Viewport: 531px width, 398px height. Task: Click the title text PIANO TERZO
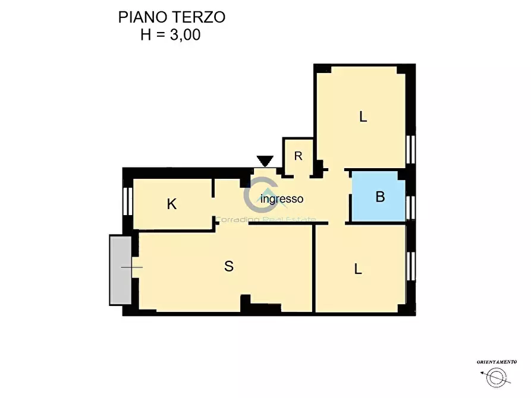coord(171,17)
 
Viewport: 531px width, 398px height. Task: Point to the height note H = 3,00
coord(171,34)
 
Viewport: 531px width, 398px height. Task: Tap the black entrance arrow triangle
coord(265,161)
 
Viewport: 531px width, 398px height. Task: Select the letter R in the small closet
coord(299,156)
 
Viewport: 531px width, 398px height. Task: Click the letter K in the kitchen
coord(172,204)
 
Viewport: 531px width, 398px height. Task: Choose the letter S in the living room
coord(228,267)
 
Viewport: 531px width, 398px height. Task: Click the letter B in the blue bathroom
coord(380,197)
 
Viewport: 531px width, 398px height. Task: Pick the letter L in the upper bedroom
coord(363,117)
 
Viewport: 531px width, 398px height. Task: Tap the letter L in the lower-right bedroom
coord(358,269)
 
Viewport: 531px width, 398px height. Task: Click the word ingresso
coord(282,199)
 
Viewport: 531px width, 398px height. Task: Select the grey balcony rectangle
coord(121,269)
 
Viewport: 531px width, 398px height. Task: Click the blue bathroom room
coord(379,205)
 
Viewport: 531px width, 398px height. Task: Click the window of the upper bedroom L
coord(410,149)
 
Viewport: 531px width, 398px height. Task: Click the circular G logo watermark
coord(257,198)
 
